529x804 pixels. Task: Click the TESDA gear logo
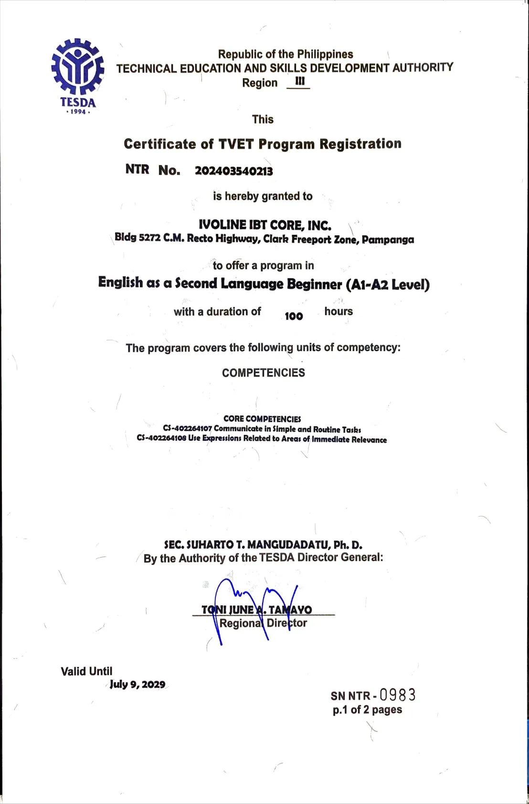[x=77, y=67]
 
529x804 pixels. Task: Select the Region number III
[x=299, y=81]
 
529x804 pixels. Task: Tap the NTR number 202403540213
[x=233, y=171]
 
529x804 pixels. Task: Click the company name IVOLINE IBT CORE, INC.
[x=265, y=225]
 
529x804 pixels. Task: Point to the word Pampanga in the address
[x=388, y=240]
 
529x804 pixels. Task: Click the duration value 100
[x=294, y=316]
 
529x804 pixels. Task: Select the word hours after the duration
[x=339, y=311]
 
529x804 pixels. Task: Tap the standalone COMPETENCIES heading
[x=263, y=373]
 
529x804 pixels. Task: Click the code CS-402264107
[x=187, y=429]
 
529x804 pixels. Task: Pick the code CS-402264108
[x=161, y=438]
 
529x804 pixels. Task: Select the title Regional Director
[x=263, y=623]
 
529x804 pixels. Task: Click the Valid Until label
[x=86, y=671]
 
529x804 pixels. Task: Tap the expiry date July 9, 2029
[x=138, y=684]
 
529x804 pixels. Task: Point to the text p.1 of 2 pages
[x=367, y=710]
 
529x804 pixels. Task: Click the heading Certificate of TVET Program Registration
[x=263, y=144]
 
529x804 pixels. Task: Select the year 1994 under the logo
[x=78, y=112]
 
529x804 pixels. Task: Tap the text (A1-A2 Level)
[x=388, y=285]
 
